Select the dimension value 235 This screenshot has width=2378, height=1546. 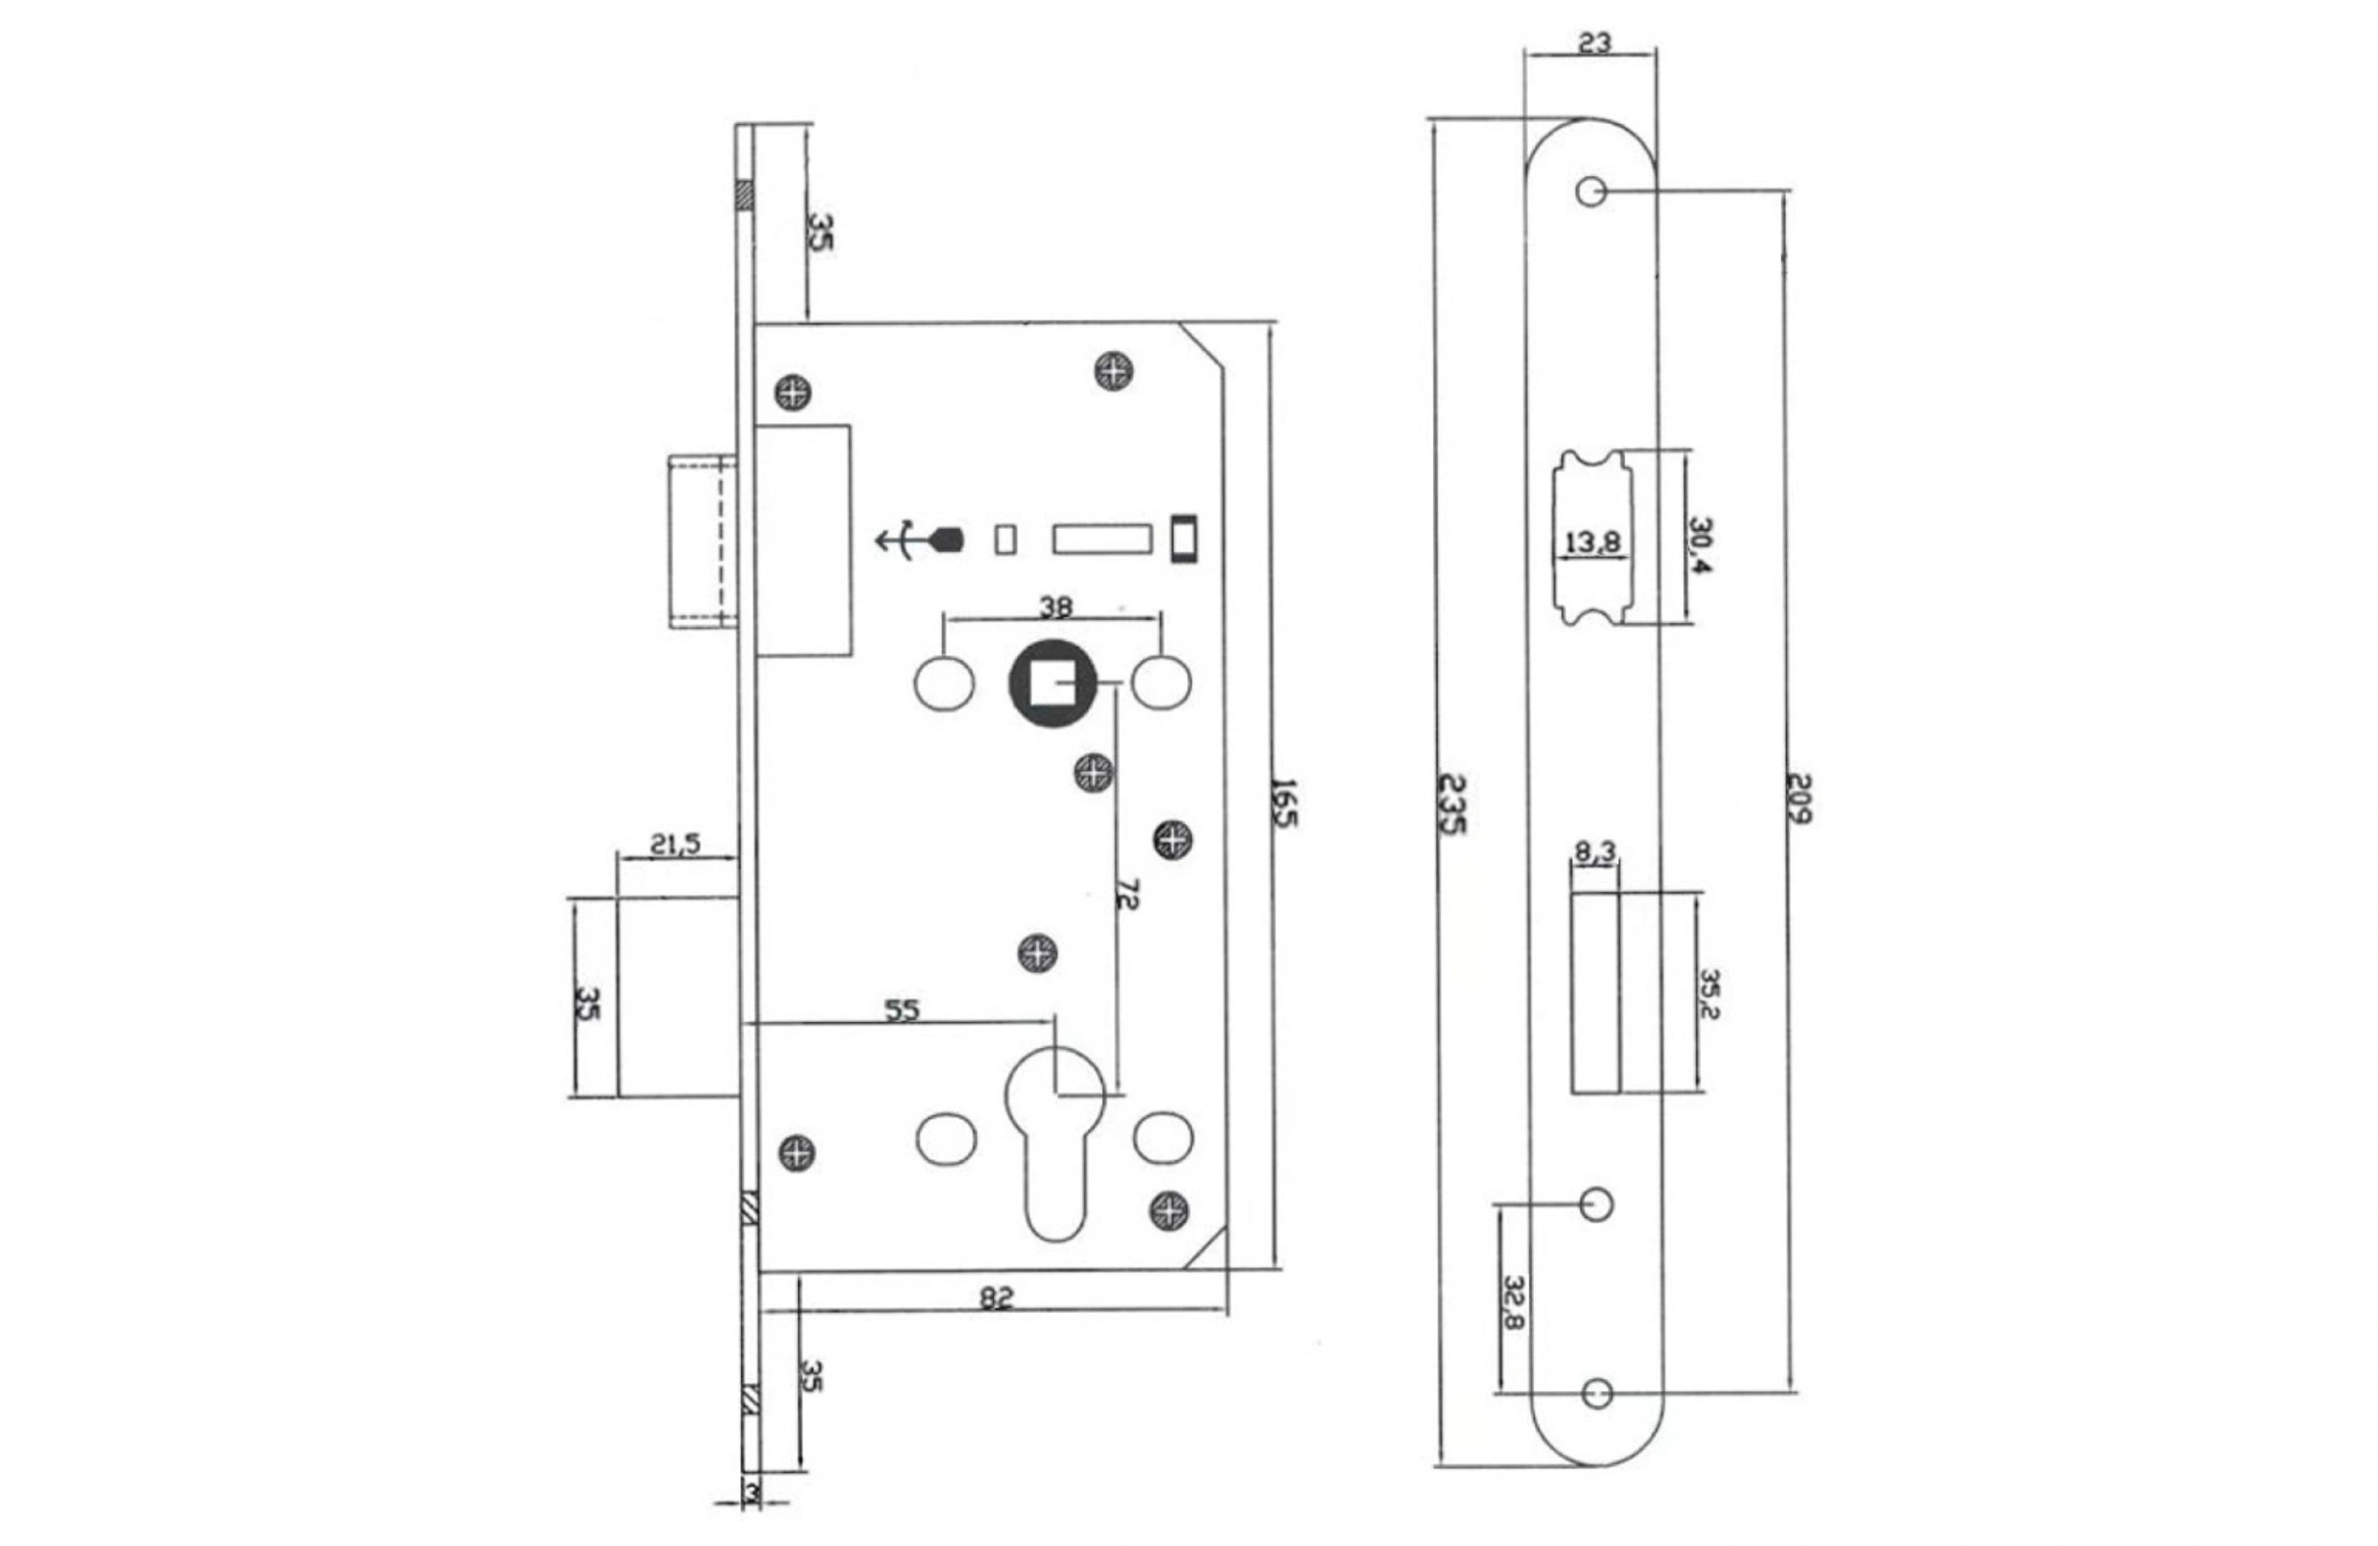tap(1453, 805)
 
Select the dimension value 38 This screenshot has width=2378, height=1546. tap(1056, 606)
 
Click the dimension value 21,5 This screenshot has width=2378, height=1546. tap(676, 843)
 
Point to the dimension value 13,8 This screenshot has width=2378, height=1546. tap(1593, 543)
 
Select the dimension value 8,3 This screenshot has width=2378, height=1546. tap(1595, 852)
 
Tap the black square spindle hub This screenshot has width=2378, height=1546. tap(1052, 684)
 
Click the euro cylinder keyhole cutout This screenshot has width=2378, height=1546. tap(1055, 1140)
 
